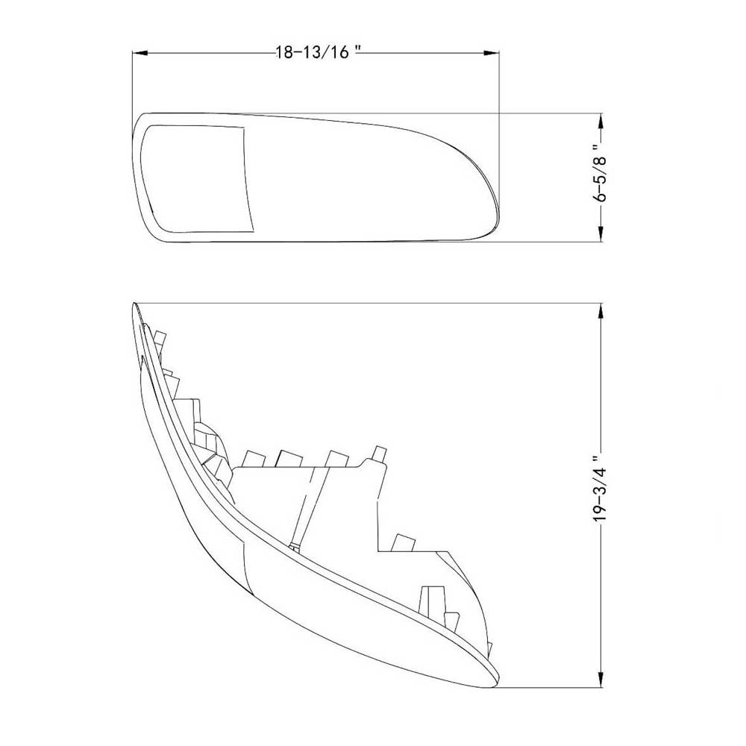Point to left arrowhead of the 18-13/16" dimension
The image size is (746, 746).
(139, 53)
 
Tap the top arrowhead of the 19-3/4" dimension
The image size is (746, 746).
(601, 309)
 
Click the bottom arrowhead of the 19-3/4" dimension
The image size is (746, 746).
(601, 680)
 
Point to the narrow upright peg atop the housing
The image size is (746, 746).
(380, 453)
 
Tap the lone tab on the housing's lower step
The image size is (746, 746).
(404, 543)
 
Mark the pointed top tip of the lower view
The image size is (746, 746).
(135, 306)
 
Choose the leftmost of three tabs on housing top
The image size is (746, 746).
(252, 456)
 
